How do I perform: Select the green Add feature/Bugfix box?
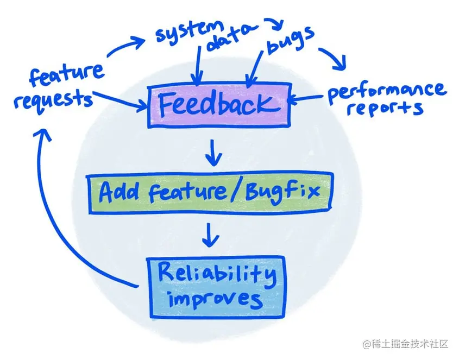(209, 193)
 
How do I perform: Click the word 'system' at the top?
(187, 33)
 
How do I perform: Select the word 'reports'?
(386, 109)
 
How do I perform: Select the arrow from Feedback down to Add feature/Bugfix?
(215, 152)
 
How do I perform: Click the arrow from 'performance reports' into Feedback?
(307, 99)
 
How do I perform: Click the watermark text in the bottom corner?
(406, 344)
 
